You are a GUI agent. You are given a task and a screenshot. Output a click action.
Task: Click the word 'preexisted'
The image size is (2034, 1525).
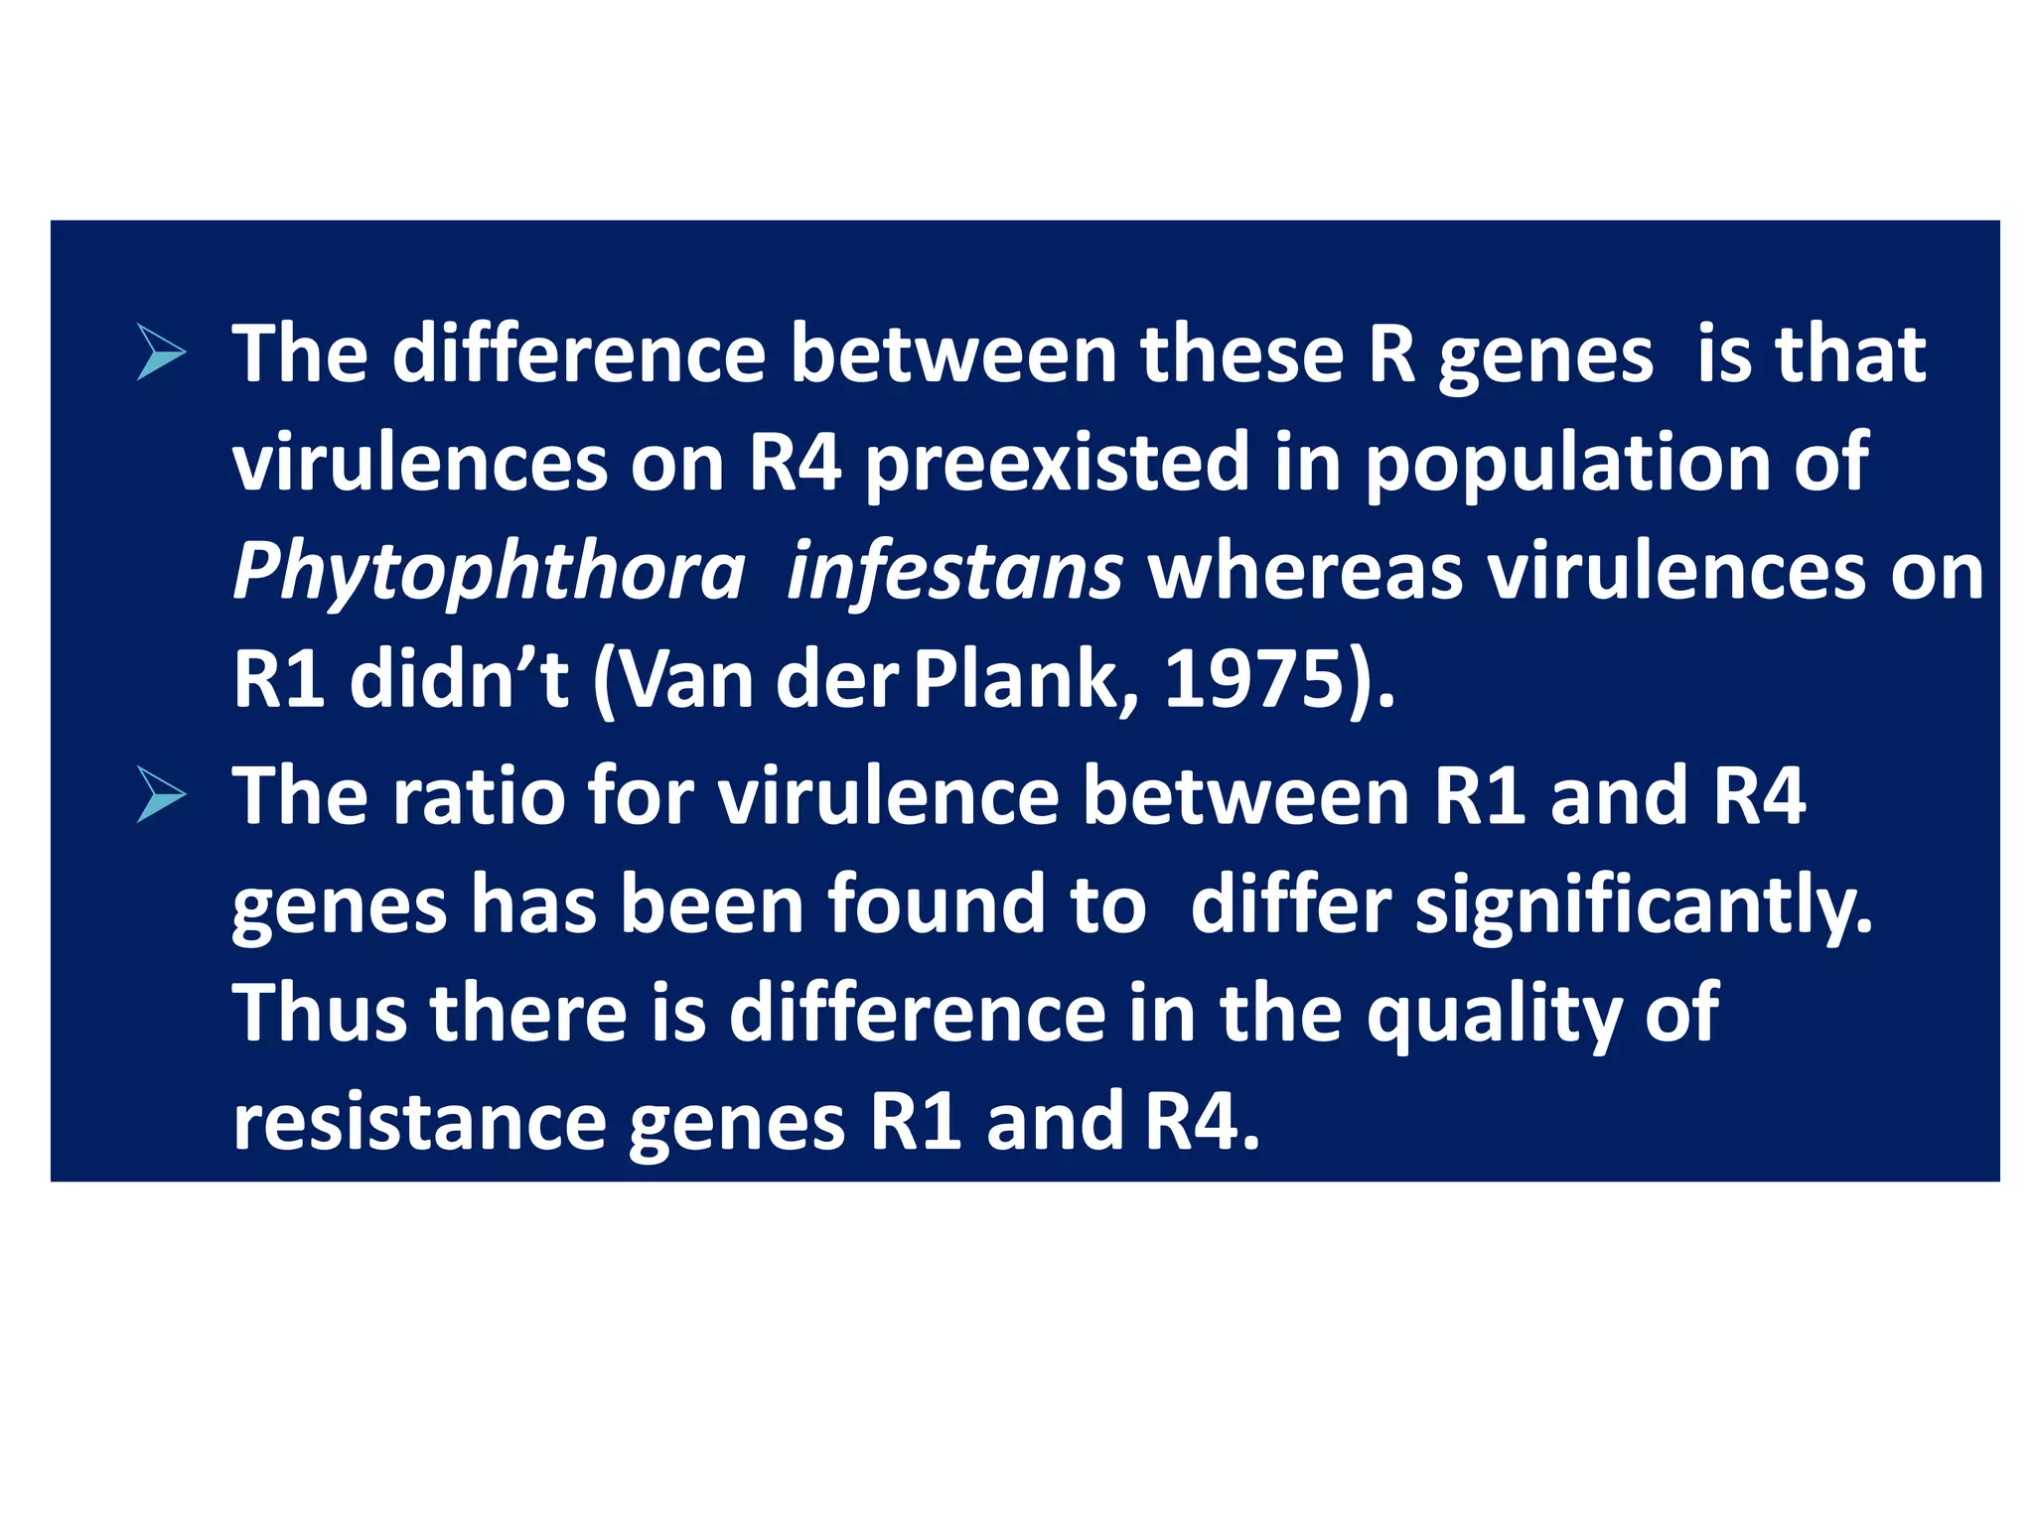1057,463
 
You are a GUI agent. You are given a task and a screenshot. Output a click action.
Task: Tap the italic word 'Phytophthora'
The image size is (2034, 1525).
489,572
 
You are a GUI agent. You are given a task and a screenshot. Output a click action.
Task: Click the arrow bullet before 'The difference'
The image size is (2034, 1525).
161,353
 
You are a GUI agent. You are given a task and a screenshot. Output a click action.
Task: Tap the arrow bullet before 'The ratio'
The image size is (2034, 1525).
161,795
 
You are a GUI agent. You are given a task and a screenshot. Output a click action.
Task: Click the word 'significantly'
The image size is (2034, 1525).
1643,905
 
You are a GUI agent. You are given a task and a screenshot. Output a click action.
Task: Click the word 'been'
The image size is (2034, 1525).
711,904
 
